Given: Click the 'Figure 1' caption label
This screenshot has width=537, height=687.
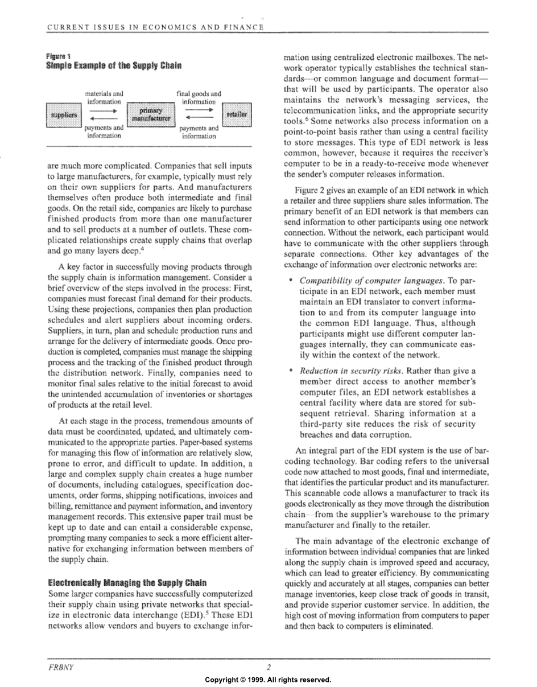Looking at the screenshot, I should [58, 56].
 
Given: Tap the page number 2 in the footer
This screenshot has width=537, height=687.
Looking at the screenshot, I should [268, 667].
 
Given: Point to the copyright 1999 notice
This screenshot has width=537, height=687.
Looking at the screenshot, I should [268, 680].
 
